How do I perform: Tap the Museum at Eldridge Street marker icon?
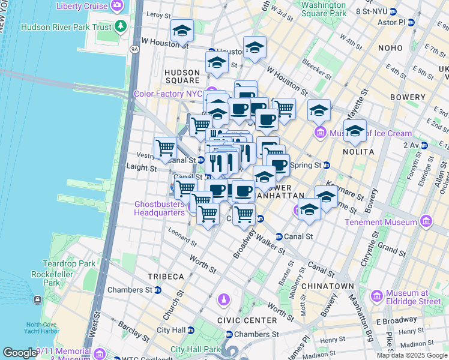[x=377, y=296]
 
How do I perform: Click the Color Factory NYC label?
[x=167, y=94]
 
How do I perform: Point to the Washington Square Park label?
[x=323, y=8]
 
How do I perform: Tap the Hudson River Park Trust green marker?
[x=121, y=26]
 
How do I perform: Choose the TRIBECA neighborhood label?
[x=166, y=277]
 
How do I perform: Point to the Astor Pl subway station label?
[x=394, y=22]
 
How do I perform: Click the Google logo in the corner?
[x=20, y=353]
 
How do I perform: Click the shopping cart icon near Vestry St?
[x=165, y=146]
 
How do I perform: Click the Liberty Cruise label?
[x=82, y=6]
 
